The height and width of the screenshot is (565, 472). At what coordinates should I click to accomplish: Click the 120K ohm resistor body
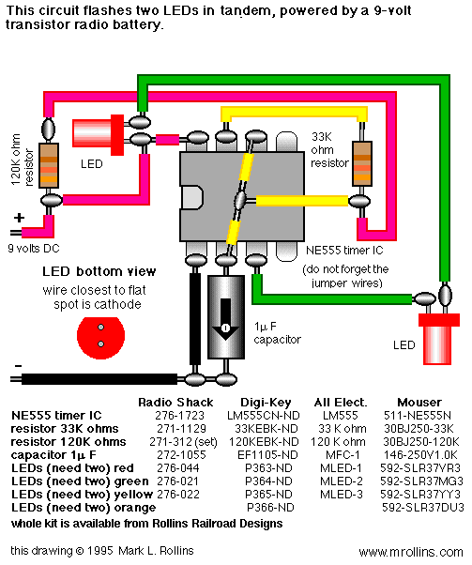pos(49,165)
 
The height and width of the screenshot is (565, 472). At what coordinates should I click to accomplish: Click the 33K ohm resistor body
pos(362,163)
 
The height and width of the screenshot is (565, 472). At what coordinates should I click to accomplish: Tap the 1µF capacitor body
pos(226,317)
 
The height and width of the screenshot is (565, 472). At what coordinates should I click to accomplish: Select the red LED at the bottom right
pos(438,339)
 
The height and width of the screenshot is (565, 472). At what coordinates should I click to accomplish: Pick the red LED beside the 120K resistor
pos(99,135)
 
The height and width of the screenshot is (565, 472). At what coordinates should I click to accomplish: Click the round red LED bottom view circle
pos(101,338)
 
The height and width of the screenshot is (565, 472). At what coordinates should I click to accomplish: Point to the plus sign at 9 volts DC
pos(19,218)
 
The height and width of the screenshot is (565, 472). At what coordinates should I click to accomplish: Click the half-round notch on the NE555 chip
pos(191,197)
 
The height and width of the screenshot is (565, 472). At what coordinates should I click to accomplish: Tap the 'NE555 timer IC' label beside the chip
pos(344,250)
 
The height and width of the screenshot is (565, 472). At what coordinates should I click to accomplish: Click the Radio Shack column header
pos(175,402)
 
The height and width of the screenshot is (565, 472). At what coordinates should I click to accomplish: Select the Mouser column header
pos(419,402)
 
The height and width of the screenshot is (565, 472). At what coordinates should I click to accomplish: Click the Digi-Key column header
pos(266,402)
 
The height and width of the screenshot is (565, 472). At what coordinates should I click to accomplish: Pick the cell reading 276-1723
pos(179,416)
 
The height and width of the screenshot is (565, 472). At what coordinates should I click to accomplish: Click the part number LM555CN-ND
pos(264,416)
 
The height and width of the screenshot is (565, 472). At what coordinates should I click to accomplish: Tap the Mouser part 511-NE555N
pos(418,416)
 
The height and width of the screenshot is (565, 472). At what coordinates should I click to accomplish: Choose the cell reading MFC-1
pos(341,455)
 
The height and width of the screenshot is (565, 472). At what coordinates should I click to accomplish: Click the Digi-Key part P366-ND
pos(270,508)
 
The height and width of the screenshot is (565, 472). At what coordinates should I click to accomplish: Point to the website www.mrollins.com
pos(411,552)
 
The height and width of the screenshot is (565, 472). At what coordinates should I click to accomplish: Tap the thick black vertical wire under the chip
pos(195,319)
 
